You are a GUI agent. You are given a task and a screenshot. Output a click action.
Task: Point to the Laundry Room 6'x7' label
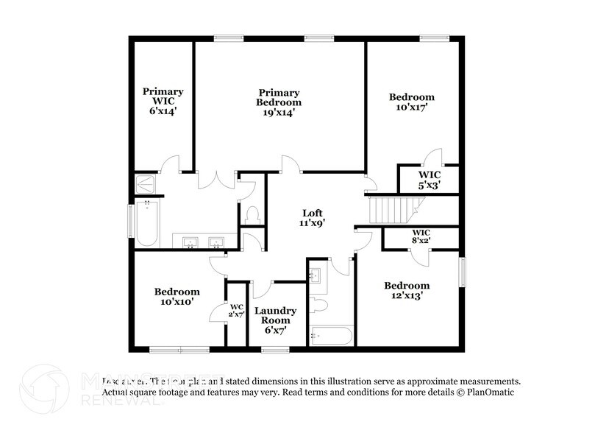[x=276, y=320]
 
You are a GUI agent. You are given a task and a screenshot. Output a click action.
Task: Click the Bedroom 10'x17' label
[x=411, y=102]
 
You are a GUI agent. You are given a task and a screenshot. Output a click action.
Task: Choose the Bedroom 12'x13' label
[x=407, y=290]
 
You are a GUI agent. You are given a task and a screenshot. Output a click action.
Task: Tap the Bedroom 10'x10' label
[x=177, y=296]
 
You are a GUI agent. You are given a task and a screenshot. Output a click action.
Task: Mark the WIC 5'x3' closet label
[x=430, y=180]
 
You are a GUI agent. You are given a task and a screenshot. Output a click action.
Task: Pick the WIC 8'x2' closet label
[x=421, y=236]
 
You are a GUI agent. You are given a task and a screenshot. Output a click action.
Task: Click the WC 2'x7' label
[x=237, y=311]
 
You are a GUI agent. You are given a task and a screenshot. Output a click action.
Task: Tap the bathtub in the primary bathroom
[x=147, y=224]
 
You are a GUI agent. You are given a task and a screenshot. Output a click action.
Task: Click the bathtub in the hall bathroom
[x=332, y=337]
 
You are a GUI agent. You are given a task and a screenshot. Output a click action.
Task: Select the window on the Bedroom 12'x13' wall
[x=463, y=272]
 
